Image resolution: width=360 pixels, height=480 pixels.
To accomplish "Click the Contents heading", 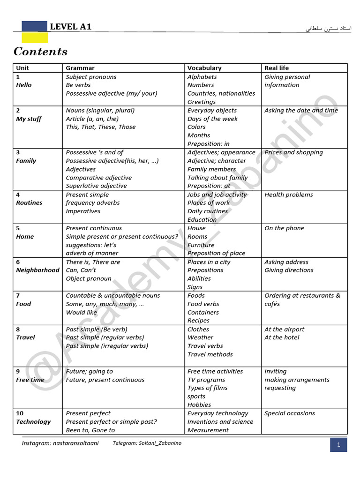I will (x=40, y=52).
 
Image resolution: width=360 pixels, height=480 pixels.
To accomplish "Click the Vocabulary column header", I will (x=204, y=68).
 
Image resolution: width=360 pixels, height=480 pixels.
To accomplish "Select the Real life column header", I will (x=277, y=68).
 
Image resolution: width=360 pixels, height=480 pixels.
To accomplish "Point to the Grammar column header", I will (x=80, y=68).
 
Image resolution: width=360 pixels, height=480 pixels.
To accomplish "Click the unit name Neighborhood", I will (x=37, y=270).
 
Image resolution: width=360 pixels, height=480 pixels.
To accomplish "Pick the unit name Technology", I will (x=33, y=421).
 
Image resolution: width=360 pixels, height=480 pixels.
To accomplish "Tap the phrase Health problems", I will (x=288, y=195).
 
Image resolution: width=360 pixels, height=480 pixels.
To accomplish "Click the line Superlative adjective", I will (x=96, y=186).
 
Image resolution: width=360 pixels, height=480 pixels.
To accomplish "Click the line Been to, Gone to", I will (x=90, y=430).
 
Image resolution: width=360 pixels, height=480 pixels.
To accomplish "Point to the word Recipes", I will (x=198, y=321).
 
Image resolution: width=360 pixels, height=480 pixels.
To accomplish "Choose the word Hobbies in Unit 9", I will (x=199, y=405).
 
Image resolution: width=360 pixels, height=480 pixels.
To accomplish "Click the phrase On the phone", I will (x=284, y=228).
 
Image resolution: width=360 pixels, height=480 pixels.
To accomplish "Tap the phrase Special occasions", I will (x=290, y=413).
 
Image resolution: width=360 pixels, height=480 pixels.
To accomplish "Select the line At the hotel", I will (x=282, y=337).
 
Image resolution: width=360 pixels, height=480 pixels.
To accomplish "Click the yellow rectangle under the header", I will (x=35, y=37).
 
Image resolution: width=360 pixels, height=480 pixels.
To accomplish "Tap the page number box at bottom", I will (x=338, y=445).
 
